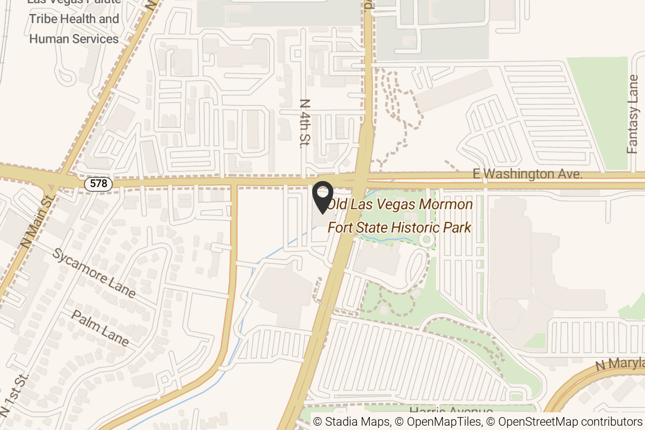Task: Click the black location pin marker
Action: point(322,197)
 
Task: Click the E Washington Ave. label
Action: point(528,174)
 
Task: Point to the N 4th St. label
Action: point(305,123)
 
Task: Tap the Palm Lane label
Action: point(101,328)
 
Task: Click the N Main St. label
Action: point(38,221)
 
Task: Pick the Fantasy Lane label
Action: point(634,114)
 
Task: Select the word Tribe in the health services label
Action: point(45,19)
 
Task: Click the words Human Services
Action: point(74,39)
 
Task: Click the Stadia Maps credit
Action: point(352,421)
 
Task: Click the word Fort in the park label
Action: point(340,227)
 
